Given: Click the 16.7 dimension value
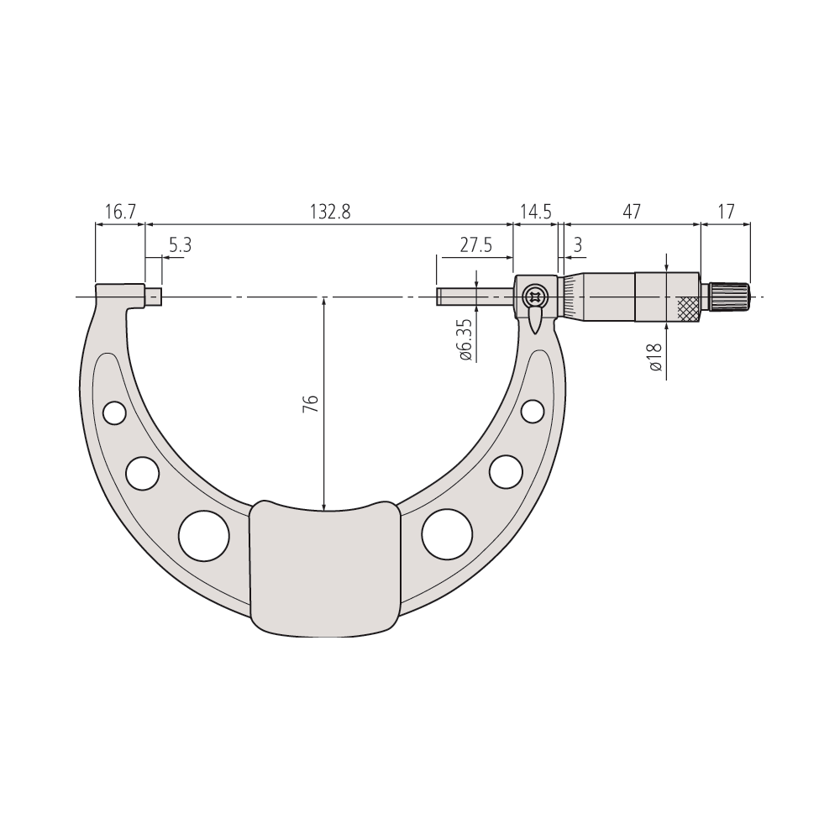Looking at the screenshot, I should pos(120,212).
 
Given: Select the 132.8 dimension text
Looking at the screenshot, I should pos(328,212).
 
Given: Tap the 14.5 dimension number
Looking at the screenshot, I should pos(535,212).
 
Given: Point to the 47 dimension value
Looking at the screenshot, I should pos(631,212).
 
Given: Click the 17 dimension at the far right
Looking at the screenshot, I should pos(726,212).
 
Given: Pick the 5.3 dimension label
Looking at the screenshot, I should pos(181,245).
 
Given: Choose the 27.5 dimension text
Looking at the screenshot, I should pos(475,245).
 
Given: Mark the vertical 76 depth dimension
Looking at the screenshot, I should pos(310,402).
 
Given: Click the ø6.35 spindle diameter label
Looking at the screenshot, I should pos(465,339).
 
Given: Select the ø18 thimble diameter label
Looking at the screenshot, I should pos(656,358).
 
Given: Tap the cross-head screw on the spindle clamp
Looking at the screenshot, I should pos(534,296).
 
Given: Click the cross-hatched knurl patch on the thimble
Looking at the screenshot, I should pos(688,308).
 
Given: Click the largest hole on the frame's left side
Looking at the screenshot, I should pos(205,536).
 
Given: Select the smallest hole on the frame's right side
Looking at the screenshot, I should pos(532,411).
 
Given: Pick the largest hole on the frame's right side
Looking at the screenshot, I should pos(447,534).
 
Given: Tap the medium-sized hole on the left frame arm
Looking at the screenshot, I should pos(143,473).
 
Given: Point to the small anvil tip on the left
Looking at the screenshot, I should pos(155,297).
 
